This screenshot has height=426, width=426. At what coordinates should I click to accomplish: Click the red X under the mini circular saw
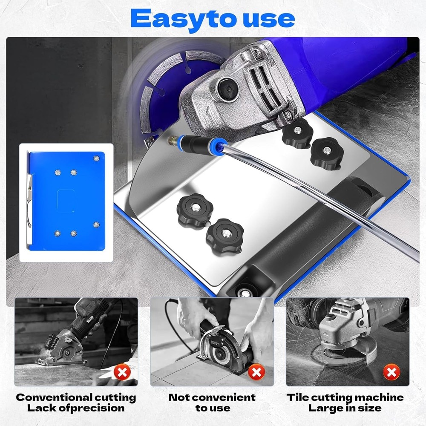(122, 373)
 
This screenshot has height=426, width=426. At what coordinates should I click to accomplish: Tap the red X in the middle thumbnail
(256, 373)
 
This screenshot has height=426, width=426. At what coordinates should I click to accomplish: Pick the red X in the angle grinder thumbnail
(391, 373)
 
